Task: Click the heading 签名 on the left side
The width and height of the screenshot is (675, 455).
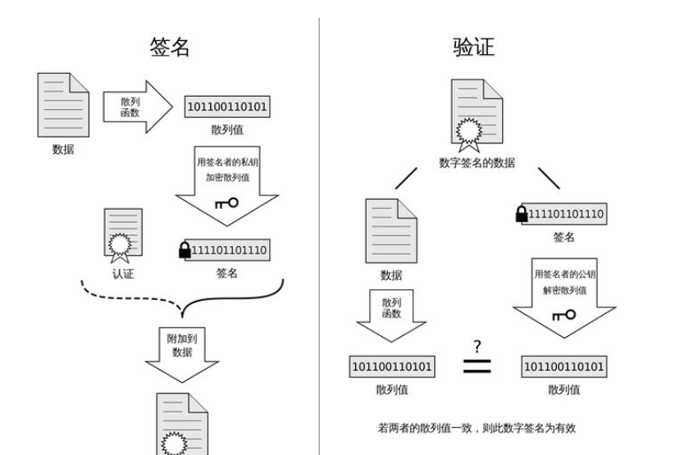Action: coord(170,47)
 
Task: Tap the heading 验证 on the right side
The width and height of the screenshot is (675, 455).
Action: coord(473,47)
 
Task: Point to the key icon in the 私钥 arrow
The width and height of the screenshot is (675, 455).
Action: coord(226,202)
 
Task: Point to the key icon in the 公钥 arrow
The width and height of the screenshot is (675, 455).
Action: coord(563,315)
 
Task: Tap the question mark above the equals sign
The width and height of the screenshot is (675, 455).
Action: coord(477,346)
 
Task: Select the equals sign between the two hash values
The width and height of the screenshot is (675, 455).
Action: coord(477,366)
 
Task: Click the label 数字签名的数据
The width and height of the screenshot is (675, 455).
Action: coord(477,162)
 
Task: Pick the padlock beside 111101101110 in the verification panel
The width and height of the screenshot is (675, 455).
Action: coord(522,215)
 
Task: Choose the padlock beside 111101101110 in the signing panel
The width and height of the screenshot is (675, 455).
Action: coord(185,250)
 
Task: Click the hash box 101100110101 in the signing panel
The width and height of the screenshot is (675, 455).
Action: coord(227,107)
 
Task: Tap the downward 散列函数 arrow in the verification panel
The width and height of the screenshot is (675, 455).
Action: coord(391,314)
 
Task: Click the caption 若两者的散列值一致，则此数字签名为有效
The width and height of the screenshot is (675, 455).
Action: coord(477,427)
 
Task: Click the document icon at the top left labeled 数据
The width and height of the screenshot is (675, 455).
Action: coord(62,105)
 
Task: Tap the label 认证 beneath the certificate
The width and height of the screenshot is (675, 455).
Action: coord(123,274)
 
